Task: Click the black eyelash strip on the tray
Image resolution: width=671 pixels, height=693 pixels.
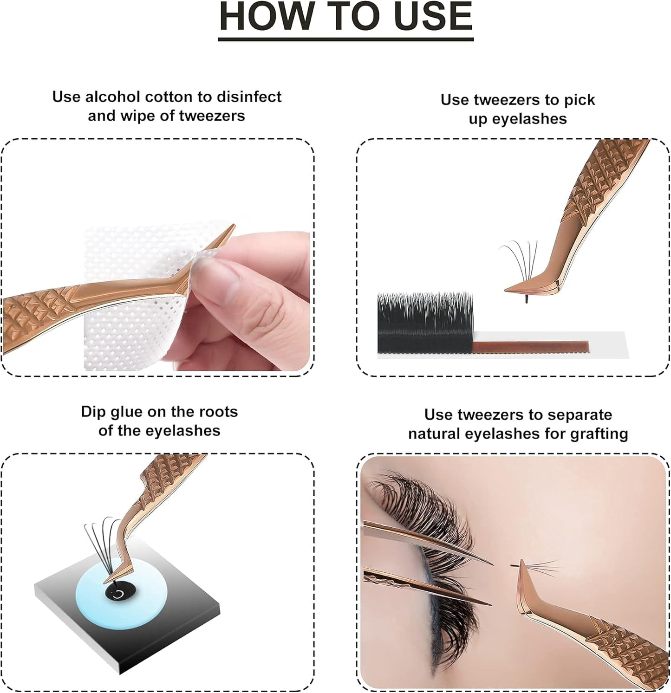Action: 425,323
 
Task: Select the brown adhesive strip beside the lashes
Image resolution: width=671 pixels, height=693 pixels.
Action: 529,346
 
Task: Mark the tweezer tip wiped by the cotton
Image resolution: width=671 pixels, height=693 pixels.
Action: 232,227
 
